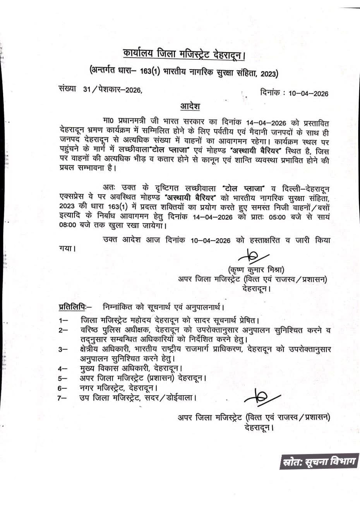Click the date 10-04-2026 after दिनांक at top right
[308, 94]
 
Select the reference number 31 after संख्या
[87, 89]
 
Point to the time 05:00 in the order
[276, 217]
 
